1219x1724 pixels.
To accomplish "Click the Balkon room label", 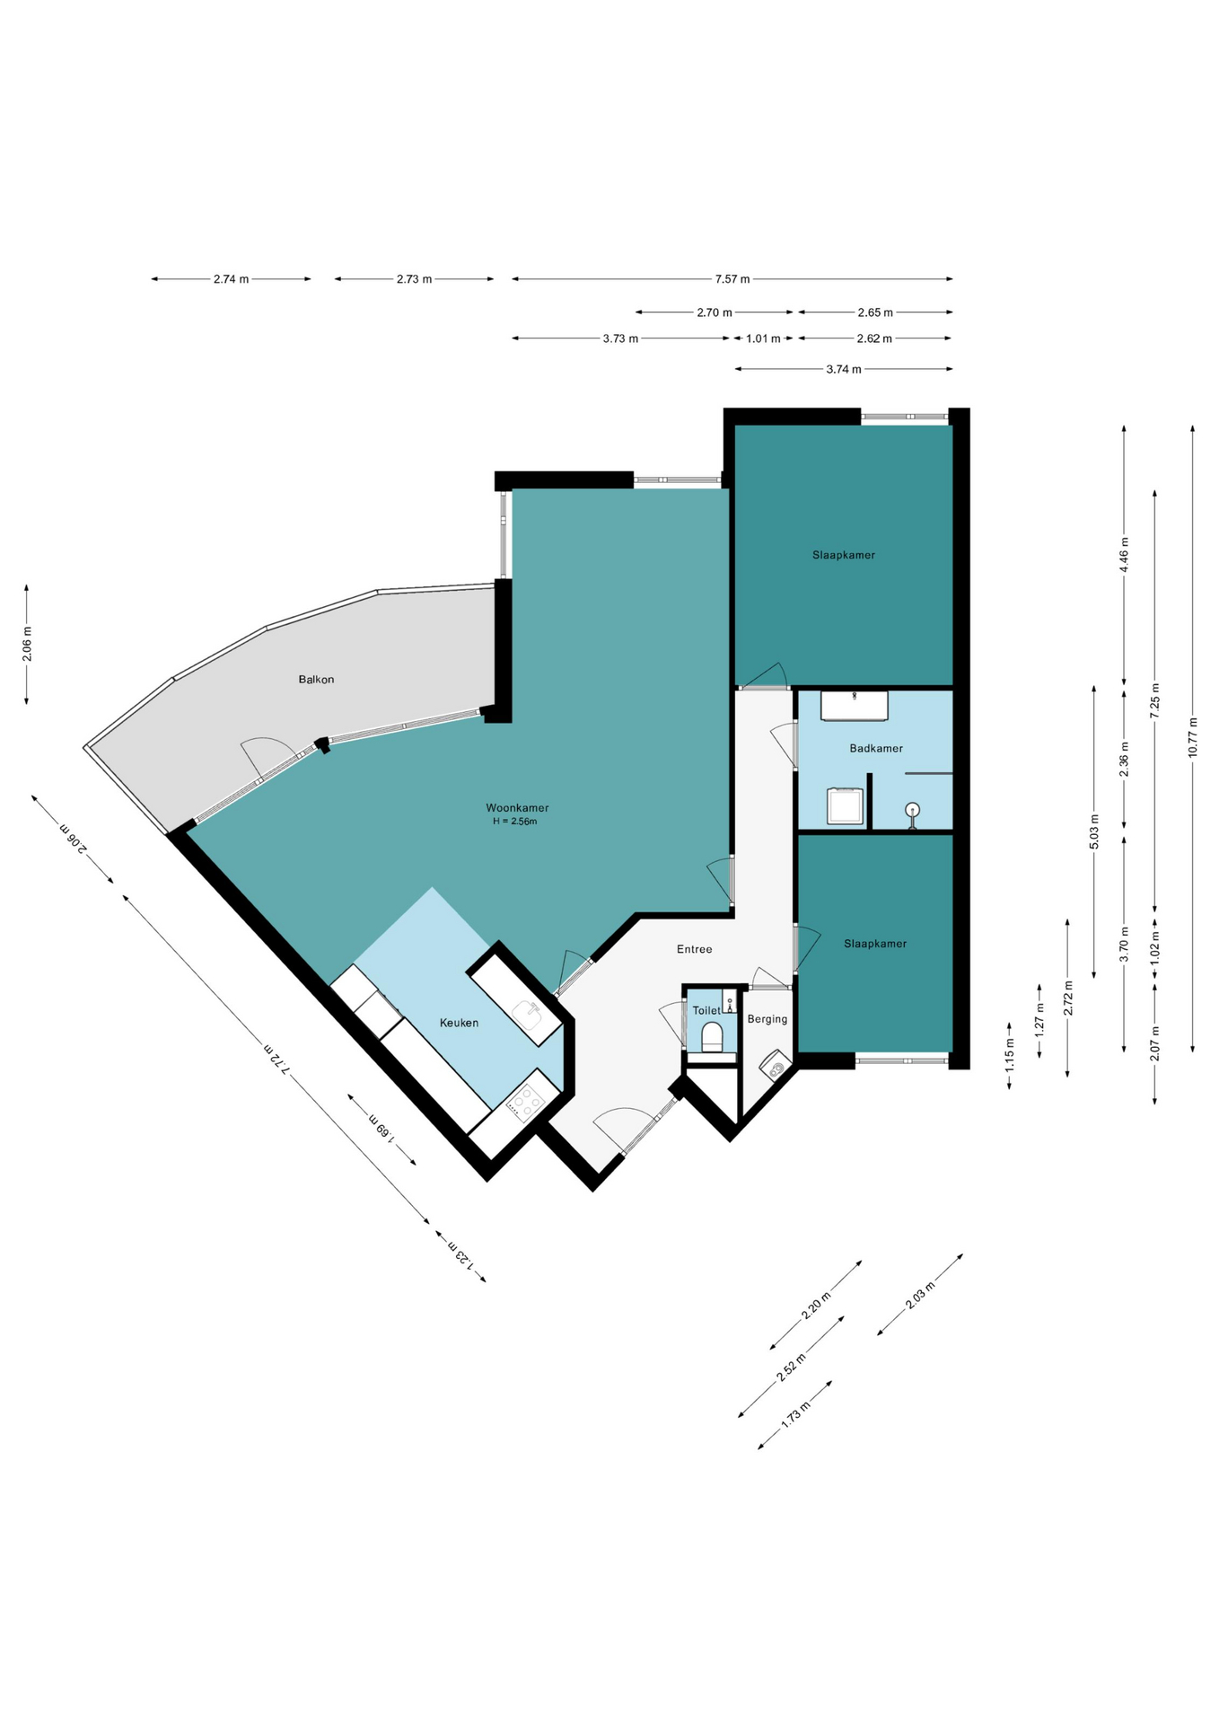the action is (x=316, y=680).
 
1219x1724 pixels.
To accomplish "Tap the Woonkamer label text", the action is (x=517, y=808).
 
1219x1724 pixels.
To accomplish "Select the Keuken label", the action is (x=459, y=1023).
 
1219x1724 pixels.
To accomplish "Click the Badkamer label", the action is (x=876, y=748).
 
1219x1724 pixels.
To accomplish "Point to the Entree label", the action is (x=694, y=949).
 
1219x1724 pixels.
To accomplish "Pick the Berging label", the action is (x=767, y=1019).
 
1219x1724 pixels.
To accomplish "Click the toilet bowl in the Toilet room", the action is (x=712, y=1036).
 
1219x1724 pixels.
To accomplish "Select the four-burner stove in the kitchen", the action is (x=525, y=1101).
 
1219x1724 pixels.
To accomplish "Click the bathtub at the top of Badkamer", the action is (x=855, y=705).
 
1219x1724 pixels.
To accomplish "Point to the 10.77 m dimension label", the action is (x=1193, y=737).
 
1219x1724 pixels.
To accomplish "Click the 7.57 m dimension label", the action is (x=732, y=279).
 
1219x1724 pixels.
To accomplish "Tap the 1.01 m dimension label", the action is (x=763, y=339).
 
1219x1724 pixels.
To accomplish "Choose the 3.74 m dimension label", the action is (x=844, y=369).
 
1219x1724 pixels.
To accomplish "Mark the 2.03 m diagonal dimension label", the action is (x=920, y=1294).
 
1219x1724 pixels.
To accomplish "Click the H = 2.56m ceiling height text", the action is (x=514, y=822).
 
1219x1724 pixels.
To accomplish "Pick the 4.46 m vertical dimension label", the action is (x=1125, y=555).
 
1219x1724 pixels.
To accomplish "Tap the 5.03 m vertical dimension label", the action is (x=1094, y=831).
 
